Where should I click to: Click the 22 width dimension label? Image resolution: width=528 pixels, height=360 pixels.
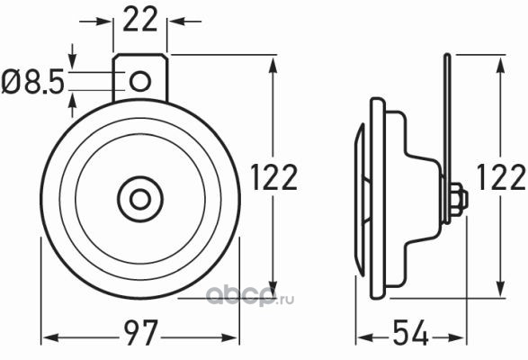click(x=140, y=19)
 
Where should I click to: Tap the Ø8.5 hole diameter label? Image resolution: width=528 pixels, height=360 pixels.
click(x=32, y=82)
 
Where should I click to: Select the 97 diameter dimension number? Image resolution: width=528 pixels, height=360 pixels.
click(x=140, y=332)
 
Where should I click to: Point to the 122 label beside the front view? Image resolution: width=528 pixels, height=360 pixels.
click(x=274, y=177)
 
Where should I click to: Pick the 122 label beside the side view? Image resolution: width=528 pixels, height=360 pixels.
click(x=502, y=177)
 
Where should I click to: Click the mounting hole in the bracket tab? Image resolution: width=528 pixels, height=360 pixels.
click(x=140, y=81)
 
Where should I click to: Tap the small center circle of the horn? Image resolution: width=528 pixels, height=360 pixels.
click(x=140, y=199)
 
